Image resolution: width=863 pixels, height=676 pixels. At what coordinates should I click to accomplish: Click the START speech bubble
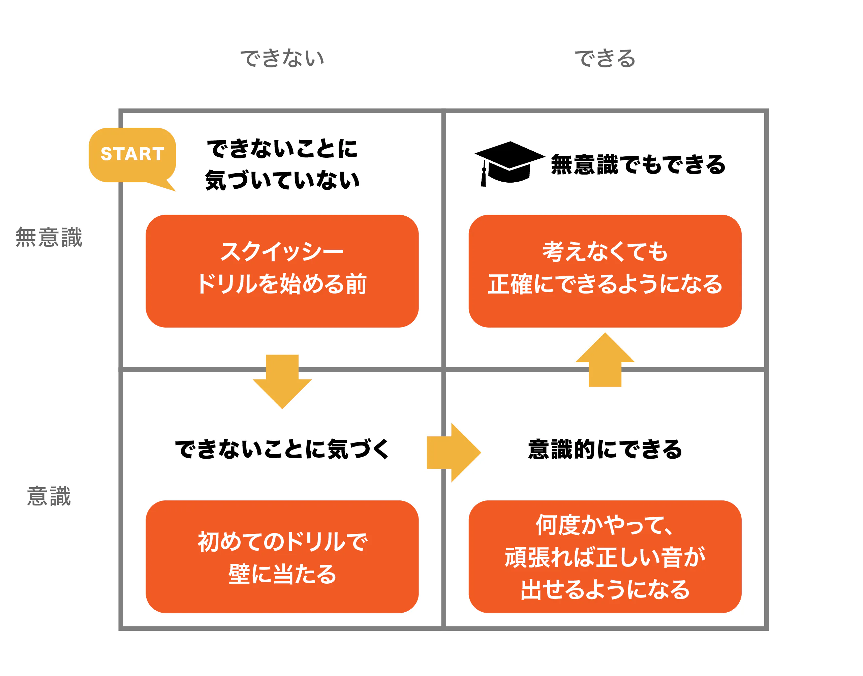pos(132,154)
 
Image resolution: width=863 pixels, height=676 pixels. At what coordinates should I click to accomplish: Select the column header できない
pos(282,58)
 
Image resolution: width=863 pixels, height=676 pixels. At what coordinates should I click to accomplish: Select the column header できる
pos(605,58)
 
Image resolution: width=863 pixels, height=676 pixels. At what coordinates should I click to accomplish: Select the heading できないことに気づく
pos(282,450)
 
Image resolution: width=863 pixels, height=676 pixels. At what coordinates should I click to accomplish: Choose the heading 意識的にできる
pos(605,450)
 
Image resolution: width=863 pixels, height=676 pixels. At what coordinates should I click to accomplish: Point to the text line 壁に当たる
pos(282,574)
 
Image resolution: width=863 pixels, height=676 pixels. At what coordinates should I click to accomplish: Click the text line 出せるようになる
pos(605,590)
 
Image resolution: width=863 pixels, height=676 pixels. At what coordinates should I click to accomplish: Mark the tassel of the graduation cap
pos(483,176)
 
